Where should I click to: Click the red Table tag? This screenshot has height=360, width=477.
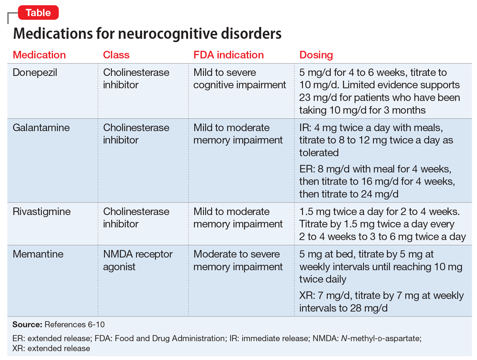(38, 13)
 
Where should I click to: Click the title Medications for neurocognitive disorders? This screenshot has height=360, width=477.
(147, 33)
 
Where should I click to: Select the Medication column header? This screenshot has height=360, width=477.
(39, 55)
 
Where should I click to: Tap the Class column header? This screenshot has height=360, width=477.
(116, 55)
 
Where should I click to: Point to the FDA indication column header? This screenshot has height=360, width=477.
(229, 55)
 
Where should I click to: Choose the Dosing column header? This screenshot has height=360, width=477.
(316, 55)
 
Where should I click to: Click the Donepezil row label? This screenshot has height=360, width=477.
(35, 73)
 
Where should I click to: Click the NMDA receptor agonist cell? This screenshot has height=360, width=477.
(137, 260)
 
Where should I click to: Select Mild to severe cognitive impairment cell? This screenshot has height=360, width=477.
(239, 79)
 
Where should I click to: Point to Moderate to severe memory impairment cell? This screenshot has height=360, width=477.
(238, 260)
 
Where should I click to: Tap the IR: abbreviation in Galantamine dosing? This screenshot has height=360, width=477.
(305, 128)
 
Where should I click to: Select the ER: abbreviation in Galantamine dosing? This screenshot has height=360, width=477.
(306, 169)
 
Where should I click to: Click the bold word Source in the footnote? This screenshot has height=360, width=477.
(27, 324)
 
